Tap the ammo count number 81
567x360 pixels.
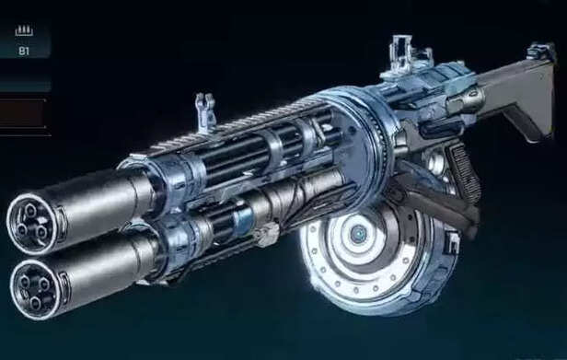point(24,52)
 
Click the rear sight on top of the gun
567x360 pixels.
point(405,52)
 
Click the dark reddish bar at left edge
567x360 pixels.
point(22,112)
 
